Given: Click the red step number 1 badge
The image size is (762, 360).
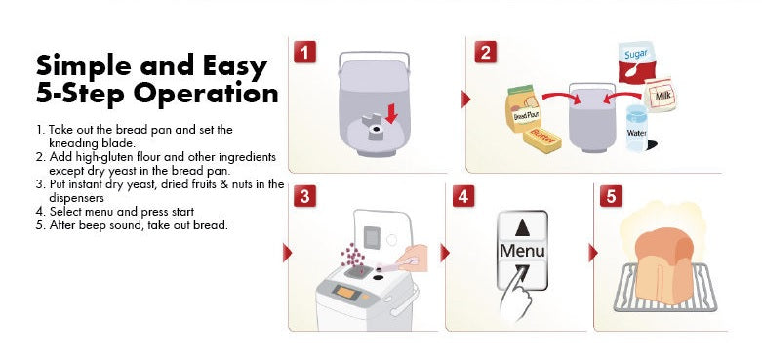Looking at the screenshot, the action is [304, 52].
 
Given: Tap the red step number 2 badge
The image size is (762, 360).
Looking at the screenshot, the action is [485, 52].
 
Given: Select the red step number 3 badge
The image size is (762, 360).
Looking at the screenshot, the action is [304, 197].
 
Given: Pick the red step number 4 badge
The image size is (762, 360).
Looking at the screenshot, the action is [463, 196].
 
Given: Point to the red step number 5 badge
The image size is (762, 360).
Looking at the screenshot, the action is [611, 196].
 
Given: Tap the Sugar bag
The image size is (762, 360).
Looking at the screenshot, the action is [636, 61].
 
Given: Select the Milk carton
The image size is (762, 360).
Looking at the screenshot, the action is [659, 95].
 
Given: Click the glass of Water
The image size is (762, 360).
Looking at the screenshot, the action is [637, 128].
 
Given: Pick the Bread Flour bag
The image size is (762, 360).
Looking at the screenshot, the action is [523, 109].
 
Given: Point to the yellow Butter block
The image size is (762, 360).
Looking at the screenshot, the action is [541, 140].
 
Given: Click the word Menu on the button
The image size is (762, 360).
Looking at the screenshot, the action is [522, 250].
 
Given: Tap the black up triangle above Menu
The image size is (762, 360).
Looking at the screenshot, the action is [522, 227].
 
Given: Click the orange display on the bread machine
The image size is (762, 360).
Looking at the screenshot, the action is [345, 292].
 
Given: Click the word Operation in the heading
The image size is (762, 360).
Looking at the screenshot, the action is [206, 94].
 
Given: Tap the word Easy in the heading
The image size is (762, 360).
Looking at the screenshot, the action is [235, 66].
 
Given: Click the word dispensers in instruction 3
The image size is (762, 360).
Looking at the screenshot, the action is [76, 198].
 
